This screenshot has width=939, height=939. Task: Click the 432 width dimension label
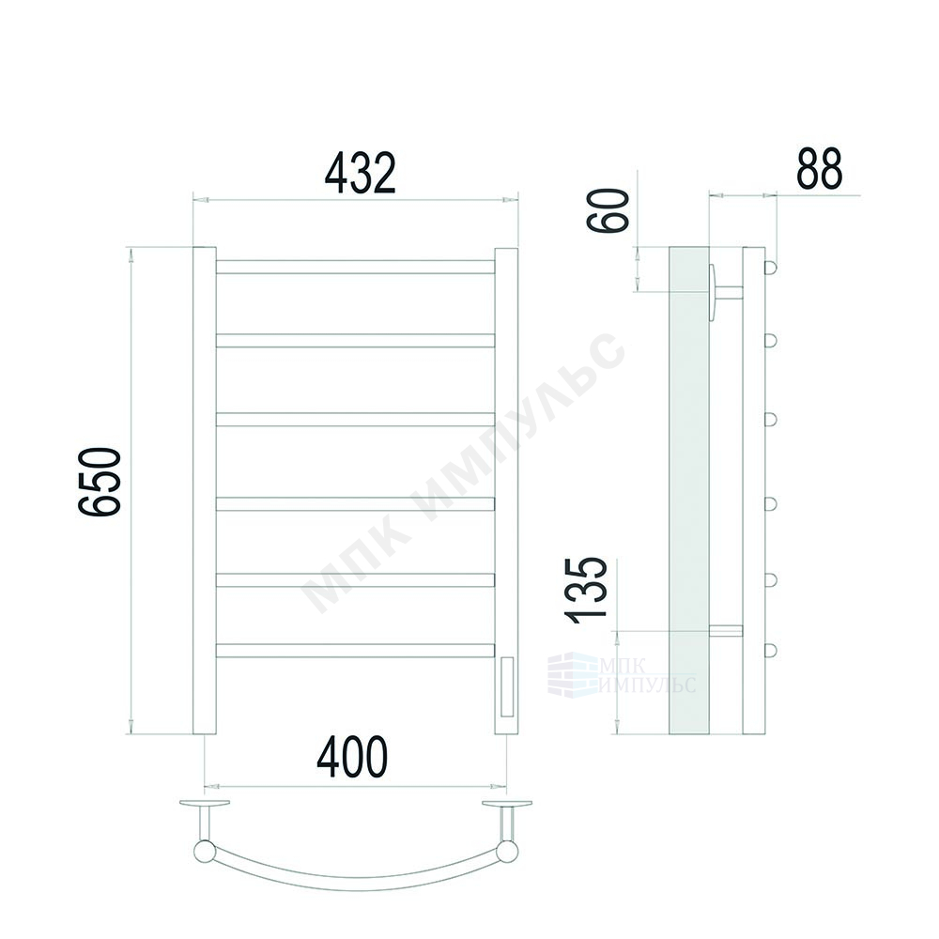click(x=360, y=173)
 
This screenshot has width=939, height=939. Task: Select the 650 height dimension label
click(x=100, y=481)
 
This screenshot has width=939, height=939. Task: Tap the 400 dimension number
click(x=352, y=757)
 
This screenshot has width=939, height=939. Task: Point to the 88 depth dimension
click(x=819, y=168)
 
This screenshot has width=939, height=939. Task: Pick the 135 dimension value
click(x=586, y=591)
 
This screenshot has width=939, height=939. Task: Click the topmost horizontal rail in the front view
click(x=355, y=267)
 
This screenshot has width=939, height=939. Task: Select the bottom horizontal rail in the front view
click(x=355, y=651)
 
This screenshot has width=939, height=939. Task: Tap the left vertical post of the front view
click(x=204, y=490)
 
